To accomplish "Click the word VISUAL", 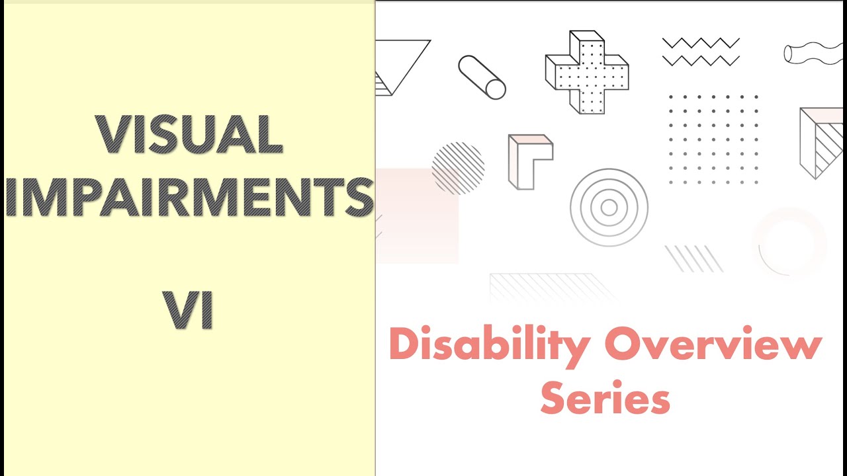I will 190,136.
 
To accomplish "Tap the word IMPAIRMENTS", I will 190,197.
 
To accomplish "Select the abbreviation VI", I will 190,311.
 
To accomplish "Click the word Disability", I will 489,346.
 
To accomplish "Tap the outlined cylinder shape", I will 482,77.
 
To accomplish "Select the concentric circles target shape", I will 609,208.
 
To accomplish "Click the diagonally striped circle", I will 458,168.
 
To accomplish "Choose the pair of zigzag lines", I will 701,52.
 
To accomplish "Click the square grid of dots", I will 713,139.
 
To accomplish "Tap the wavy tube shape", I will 813,54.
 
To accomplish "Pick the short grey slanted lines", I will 694,258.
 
